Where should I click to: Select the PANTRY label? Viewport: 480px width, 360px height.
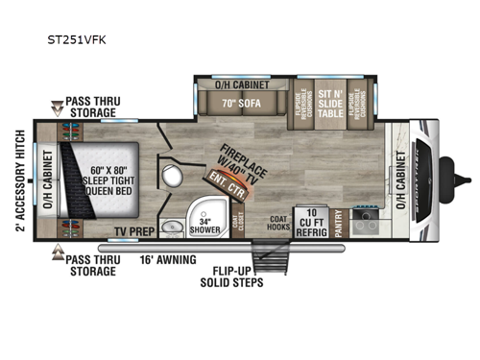[337, 223]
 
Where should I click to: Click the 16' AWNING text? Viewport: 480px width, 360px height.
[172, 260]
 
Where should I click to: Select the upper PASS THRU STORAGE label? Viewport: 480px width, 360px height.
[93, 106]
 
